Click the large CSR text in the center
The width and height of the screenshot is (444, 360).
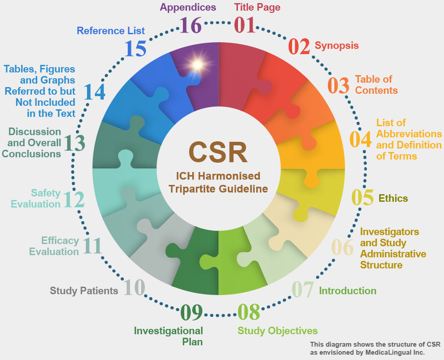click(x=218, y=152)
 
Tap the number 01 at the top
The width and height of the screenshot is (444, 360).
click(x=245, y=25)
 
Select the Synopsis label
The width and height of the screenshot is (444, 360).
click(x=337, y=45)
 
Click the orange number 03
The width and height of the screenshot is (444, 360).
click(x=338, y=85)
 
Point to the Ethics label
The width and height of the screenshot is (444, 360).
click(x=393, y=198)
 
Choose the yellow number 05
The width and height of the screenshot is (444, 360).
click(x=362, y=197)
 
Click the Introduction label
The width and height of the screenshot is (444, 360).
click(x=348, y=291)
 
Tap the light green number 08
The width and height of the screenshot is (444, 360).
click(x=249, y=312)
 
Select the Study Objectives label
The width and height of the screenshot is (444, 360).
click(x=277, y=331)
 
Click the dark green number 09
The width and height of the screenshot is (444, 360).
click(x=192, y=312)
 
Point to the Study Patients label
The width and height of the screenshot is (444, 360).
click(x=84, y=291)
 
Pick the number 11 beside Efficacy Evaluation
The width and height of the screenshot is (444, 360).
click(x=92, y=246)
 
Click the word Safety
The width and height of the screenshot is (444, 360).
click(x=46, y=193)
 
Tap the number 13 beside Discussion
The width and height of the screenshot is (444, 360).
click(x=74, y=143)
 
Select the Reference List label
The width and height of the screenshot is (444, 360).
click(x=111, y=31)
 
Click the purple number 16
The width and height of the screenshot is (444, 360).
click(x=190, y=25)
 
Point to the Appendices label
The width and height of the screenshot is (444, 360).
click(x=188, y=8)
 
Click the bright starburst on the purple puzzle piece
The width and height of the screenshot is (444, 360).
click(x=198, y=65)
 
